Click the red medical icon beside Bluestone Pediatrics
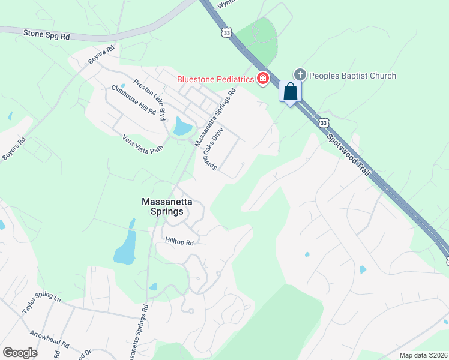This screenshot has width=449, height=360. (263, 79)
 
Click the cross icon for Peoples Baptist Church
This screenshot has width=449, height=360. (300, 75)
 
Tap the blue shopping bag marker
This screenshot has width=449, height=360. (290, 92)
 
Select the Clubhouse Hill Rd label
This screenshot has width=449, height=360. (133, 100)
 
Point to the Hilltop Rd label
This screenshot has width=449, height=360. (180, 242)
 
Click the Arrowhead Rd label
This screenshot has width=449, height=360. (49, 340)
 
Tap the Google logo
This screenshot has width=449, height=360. (20, 353)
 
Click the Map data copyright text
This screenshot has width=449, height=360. (423, 355)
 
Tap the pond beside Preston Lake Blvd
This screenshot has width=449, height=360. (181, 127)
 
